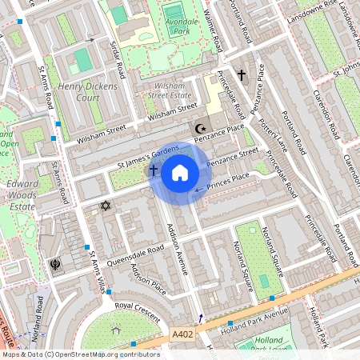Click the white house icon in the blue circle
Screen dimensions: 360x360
click(x=180, y=173)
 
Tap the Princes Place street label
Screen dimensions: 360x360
click(x=229, y=182)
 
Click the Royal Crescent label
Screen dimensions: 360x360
click(x=134, y=306)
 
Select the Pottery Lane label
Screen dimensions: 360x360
click(x=274, y=132)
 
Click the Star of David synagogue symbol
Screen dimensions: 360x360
click(x=104, y=206)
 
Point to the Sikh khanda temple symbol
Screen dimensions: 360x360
click(x=55, y=264)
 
